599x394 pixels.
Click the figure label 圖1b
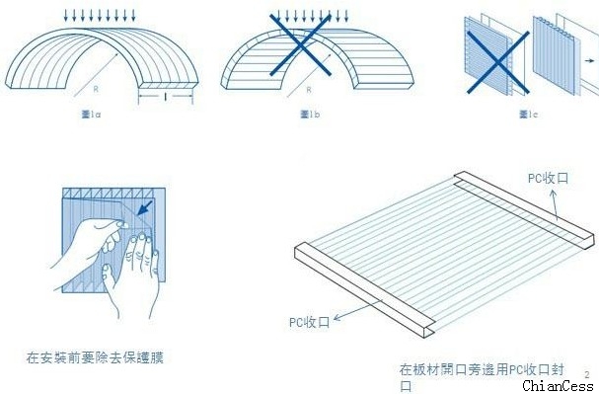tap(308, 116)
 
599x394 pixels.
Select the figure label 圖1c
tap(527, 116)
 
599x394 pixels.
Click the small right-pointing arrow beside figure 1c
tap(589, 61)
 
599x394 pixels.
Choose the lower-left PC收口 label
tap(310, 320)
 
